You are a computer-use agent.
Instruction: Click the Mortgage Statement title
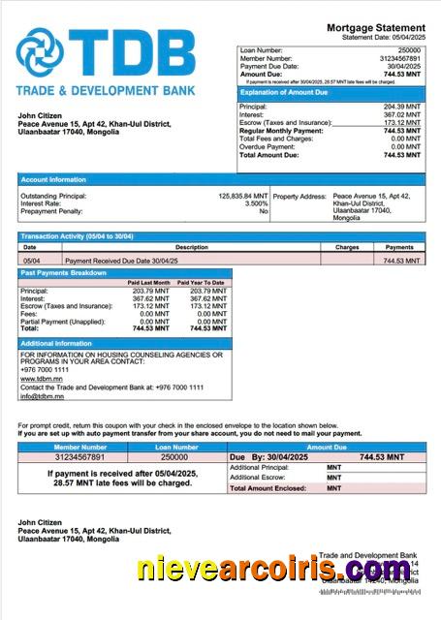click(x=375, y=27)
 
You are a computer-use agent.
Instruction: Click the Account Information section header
click(x=53, y=179)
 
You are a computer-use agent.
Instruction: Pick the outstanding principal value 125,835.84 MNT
click(x=242, y=196)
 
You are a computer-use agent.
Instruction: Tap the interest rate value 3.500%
click(x=256, y=203)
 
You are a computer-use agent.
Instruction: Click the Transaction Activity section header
click(x=77, y=236)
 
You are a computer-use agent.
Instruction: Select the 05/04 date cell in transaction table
click(x=31, y=261)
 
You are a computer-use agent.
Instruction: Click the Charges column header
click(x=347, y=248)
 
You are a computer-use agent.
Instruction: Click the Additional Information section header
click(x=56, y=344)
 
